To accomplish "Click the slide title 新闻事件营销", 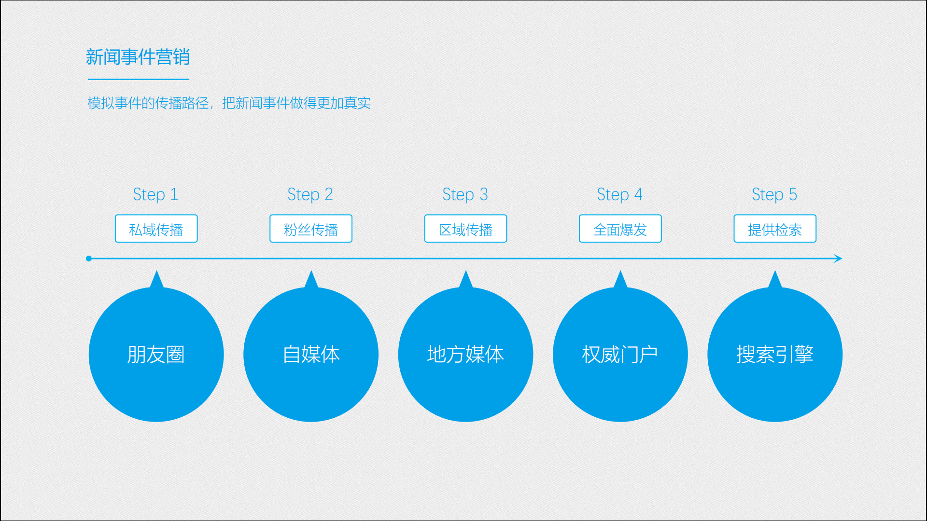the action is (x=138, y=57).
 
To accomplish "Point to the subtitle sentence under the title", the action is (x=229, y=103).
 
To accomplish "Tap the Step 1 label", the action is (x=155, y=194).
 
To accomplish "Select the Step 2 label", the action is (x=310, y=194).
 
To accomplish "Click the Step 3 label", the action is (x=465, y=194).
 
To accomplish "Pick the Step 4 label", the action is (x=619, y=194).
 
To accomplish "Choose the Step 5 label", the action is (x=774, y=194).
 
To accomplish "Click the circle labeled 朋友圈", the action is (x=156, y=355).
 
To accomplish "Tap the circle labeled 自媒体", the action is (x=311, y=355).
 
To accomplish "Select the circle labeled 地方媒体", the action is (x=465, y=355).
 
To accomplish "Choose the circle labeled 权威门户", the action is (x=620, y=355).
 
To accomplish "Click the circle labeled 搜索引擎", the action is (x=775, y=355).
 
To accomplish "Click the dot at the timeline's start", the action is (x=89, y=259).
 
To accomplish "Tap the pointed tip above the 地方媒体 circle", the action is (x=466, y=271).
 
